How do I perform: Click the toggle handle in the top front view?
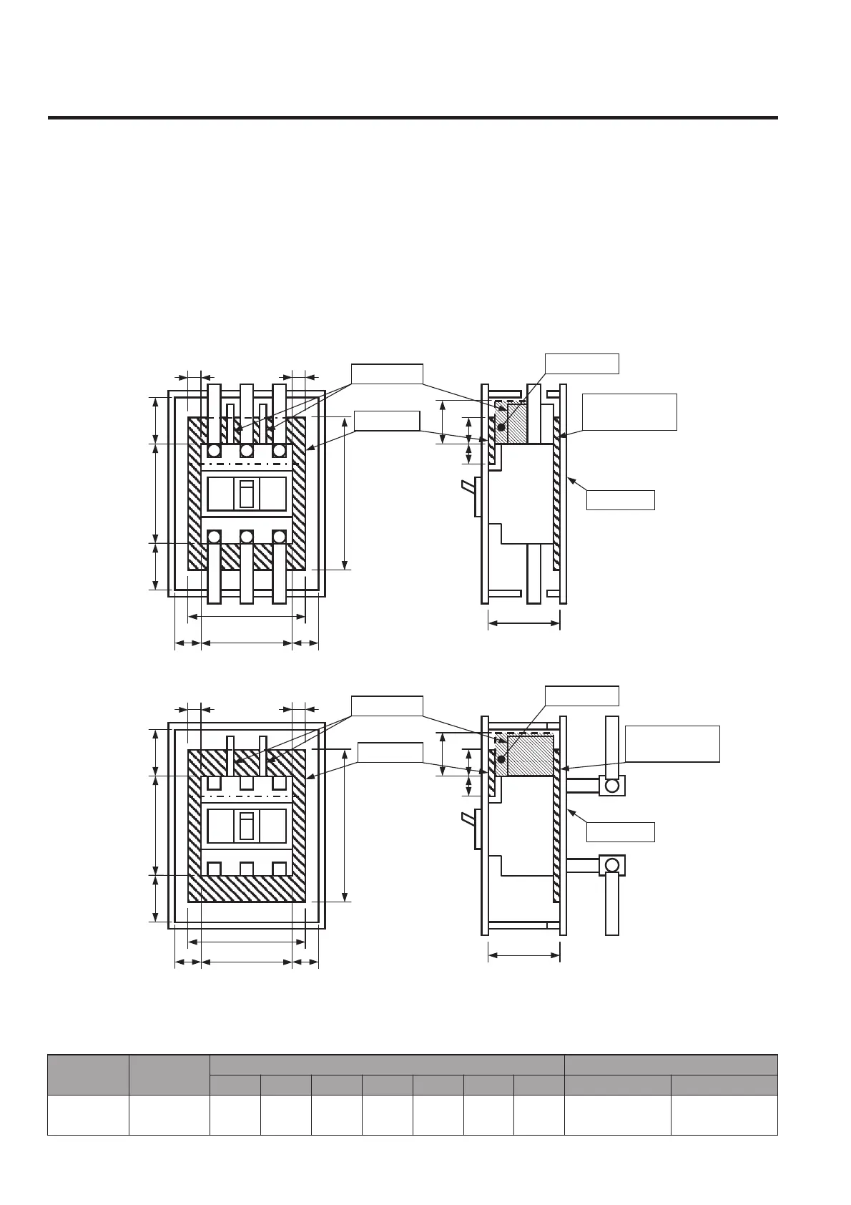tap(247, 494)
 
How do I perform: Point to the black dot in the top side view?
tap(501, 427)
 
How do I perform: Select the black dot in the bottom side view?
tap(501, 759)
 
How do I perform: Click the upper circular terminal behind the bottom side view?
tap(611, 785)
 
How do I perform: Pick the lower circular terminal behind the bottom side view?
tap(611, 865)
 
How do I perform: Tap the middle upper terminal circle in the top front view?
tap(247, 451)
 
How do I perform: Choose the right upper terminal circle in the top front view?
tap(280, 451)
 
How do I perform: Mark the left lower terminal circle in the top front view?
tap(214, 537)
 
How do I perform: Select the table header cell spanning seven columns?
tap(387, 1064)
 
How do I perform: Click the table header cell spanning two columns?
tap(670, 1064)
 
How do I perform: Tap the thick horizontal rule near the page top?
tap(413, 117)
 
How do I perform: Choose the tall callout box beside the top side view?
tap(629, 411)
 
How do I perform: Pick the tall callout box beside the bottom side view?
tap(672, 743)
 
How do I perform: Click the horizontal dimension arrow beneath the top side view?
tap(524, 623)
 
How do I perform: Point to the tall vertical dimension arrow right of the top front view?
tap(345, 493)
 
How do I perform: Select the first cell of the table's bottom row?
tap(88, 1114)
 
